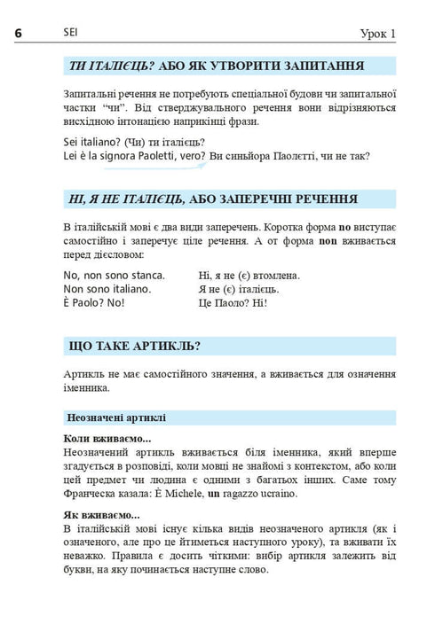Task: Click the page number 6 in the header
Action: pyautogui.click(x=19, y=33)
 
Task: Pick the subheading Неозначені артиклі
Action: pyautogui.click(x=116, y=417)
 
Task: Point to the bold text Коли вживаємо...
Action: pyautogui.click(x=107, y=439)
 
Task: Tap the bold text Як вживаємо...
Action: pyautogui.click(x=102, y=514)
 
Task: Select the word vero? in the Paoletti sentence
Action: pyautogui.click(x=187, y=157)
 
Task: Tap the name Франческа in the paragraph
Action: pyautogui.click(x=92, y=493)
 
